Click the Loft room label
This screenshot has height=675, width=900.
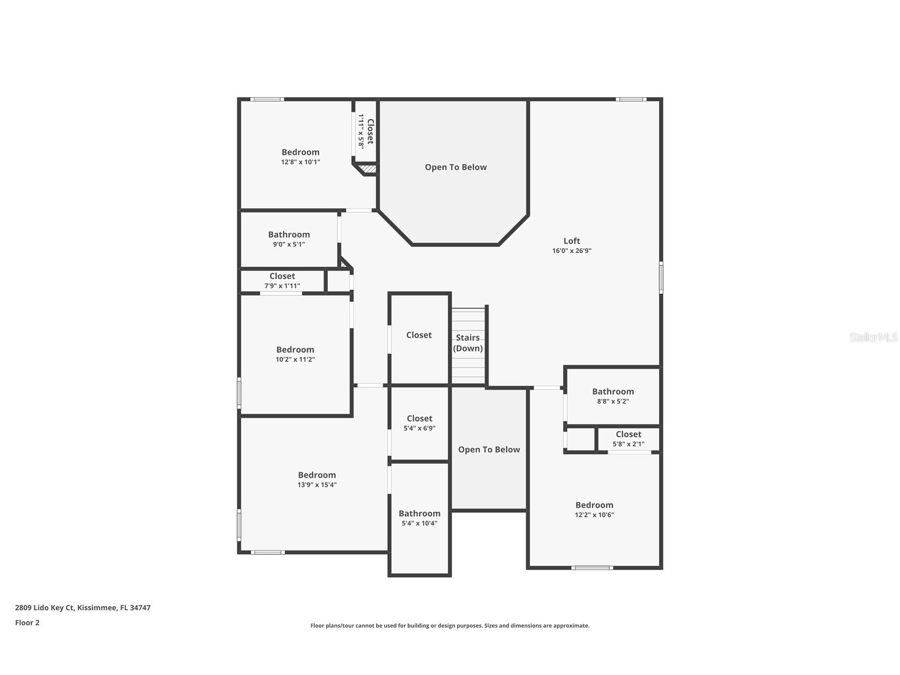pyautogui.click(x=571, y=241)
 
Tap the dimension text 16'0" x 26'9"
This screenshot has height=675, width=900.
pyautogui.click(x=571, y=251)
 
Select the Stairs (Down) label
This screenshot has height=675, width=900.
pyautogui.click(x=468, y=343)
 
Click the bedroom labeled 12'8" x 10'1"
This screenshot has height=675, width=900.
pyautogui.click(x=300, y=157)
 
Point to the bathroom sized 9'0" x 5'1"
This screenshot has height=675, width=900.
pyautogui.click(x=289, y=239)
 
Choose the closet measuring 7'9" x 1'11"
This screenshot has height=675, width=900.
pyautogui.click(x=282, y=281)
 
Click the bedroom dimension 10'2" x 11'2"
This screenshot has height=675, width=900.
pyautogui.click(x=295, y=359)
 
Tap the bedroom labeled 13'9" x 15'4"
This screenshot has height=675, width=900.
pyautogui.click(x=317, y=480)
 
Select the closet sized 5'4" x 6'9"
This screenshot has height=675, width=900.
pyautogui.click(x=419, y=423)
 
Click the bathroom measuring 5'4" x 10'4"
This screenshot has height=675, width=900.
pyautogui.click(x=419, y=518)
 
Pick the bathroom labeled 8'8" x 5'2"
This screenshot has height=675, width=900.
pyautogui.click(x=613, y=396)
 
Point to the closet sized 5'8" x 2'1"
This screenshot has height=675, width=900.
pyautogui.click(x=628, y=439)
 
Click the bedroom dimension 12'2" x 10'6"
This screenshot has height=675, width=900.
pyautogui.click(x=594, y=515)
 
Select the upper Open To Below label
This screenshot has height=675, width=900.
pyautogui.click(x=455, y=167)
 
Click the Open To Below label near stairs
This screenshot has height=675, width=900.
pyautogui.click(x=488, y=449)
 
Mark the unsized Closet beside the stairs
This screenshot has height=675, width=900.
pyautogui.click(x=418, y=335)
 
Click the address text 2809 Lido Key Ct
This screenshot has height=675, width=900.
pyautogui.click(x=82, y=608)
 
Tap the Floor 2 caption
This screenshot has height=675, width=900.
pyautogui.click(x=27, y=622)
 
